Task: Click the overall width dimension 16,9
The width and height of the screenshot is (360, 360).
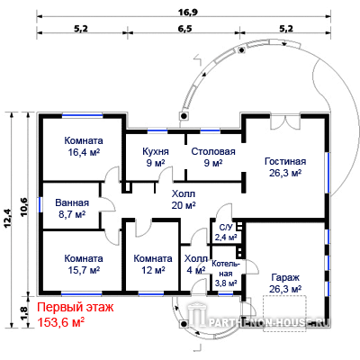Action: coord(184,12)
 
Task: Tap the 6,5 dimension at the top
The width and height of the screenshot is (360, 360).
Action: coord(184,29)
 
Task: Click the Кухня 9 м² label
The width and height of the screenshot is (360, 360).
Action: coord(156,157)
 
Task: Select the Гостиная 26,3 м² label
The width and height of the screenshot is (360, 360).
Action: coord(285,166)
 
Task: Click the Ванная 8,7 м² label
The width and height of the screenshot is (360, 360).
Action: coord(72,208)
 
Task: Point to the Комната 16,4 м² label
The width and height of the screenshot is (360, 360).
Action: coord(84,146)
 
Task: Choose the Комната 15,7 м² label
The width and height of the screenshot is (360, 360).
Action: coord(84,264)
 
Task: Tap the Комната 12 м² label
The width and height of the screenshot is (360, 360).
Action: coord(153,264)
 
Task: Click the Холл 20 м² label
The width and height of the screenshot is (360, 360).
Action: coord(184,199)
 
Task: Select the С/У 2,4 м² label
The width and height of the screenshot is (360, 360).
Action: coord(226,232)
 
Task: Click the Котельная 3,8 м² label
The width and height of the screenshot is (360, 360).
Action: coord(226,274)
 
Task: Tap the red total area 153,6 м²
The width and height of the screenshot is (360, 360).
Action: coord(60,322)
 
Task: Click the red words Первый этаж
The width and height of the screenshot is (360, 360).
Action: coord(76,307)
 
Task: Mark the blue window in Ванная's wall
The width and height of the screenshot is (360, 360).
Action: coord(40,204)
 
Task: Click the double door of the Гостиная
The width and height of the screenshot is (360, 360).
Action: coord(285,121)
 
